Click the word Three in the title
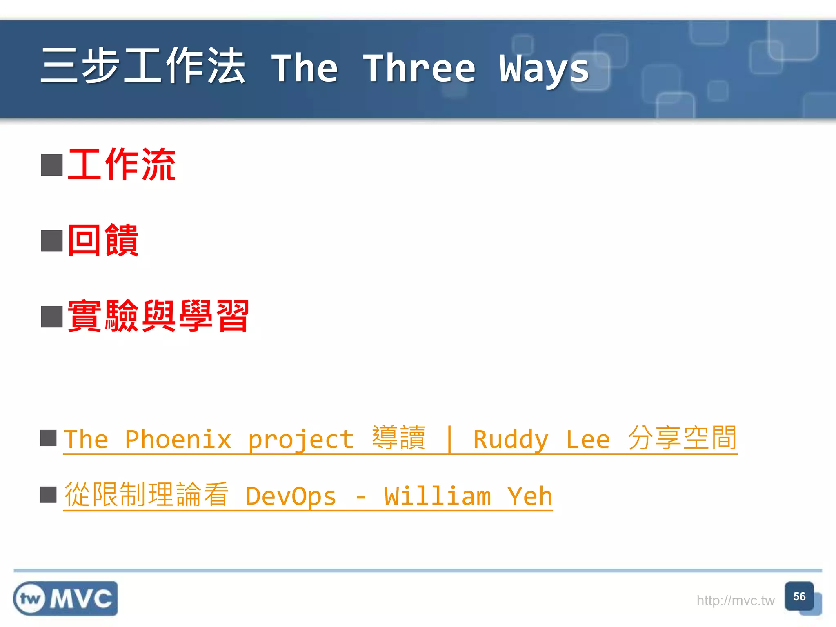pos(420,69)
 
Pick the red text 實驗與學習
pos(158,316)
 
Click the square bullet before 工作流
pos(52,165)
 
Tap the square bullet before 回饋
pos(52,240)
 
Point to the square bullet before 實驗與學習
pos(52,316)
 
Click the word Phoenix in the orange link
pos(178,439)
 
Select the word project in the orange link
pos(300,440)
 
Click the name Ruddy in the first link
pos(510,439)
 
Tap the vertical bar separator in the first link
pos(449,439)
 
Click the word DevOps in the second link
pos(290,496)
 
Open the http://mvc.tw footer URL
pos(735,600)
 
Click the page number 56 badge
pos(799,597)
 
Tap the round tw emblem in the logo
pos(30,599)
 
